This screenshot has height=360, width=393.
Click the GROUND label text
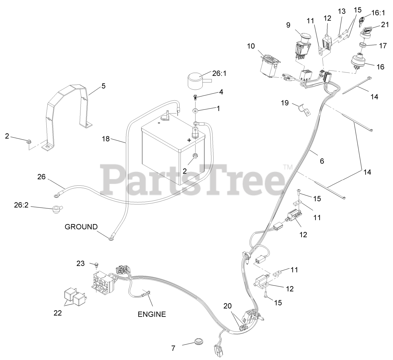(x=81, y=227)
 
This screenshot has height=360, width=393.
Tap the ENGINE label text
(x=151, y=314)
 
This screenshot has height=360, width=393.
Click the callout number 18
(x=106, y=139)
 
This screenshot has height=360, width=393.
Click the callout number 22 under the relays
(x=58, y=313)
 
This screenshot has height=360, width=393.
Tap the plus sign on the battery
(x=189, y=140)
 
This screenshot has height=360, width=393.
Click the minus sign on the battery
(x=159, y=123)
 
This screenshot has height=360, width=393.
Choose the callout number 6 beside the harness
(x=322, y=161)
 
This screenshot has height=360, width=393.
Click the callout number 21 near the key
(x=385, y=25)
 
